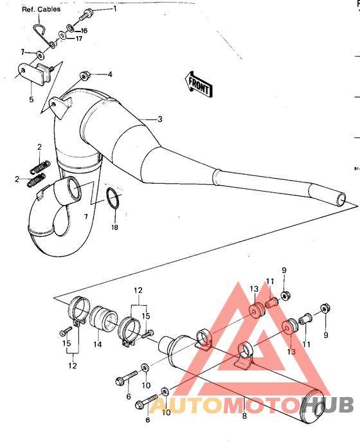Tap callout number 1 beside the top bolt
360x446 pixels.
(x=115, y=9)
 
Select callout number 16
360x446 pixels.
(x=84, y=31)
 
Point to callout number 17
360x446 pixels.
(x=78, y=39)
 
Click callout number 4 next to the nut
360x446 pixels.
(x=109, y=75)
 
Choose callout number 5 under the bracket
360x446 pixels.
(x=30, y=100)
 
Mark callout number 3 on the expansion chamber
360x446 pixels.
(x=160, y=119)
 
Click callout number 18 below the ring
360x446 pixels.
(x=114, y=227)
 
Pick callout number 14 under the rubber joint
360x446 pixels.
(x=98, y=344)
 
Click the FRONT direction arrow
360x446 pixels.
(x=199, y=84)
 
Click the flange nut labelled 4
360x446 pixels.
(x=84, y=75)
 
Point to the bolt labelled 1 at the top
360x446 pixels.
(x=89, y=12)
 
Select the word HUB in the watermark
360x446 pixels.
(x=328, y=404)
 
